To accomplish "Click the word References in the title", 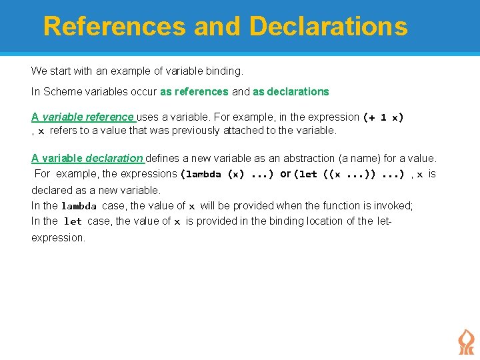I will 114,27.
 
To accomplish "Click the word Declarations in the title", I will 327,27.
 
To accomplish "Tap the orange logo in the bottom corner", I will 465,342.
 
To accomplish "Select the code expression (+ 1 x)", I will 383,117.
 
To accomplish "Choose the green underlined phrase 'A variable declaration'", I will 87,159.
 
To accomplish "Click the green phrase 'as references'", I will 195,92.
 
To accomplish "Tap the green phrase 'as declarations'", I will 291,92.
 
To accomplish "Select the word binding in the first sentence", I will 225,71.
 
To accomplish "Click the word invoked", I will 394,206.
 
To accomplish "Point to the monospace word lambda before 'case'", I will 79,207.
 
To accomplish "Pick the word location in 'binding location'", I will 317,221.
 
